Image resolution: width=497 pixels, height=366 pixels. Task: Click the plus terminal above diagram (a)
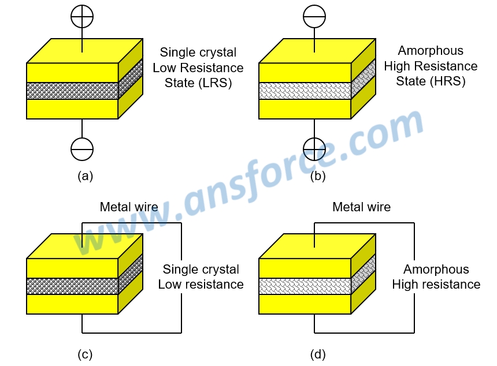[81, 18]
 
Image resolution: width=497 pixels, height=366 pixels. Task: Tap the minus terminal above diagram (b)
[314, 18]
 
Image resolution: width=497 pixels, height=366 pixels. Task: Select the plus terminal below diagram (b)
[314, 149]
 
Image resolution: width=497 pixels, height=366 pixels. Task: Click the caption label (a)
[85, 177]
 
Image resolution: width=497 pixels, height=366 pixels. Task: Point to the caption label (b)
[317, 177]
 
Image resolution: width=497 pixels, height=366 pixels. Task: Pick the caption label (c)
[84, 354]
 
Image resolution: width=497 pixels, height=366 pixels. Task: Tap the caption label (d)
[317, 354]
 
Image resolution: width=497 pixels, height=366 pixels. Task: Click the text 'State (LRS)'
[198, 83]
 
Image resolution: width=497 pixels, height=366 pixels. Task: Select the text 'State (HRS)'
[431, 81]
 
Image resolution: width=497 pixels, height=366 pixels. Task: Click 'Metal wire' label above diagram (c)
[129, 207]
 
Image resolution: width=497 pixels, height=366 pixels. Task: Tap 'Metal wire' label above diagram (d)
[361, 207]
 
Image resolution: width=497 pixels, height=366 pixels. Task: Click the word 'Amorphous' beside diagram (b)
[431, 51]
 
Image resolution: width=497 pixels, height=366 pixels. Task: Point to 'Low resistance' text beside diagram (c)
[201, 285]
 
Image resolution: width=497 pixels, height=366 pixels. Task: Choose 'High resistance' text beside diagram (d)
[436, 285]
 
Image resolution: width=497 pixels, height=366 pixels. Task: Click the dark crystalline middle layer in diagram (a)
[72, 91]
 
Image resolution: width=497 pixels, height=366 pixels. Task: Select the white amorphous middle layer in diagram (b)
[305, 91]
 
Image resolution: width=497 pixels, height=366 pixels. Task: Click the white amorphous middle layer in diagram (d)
[305, 286]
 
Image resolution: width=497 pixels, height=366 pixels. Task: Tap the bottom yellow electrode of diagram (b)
[305, 109]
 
